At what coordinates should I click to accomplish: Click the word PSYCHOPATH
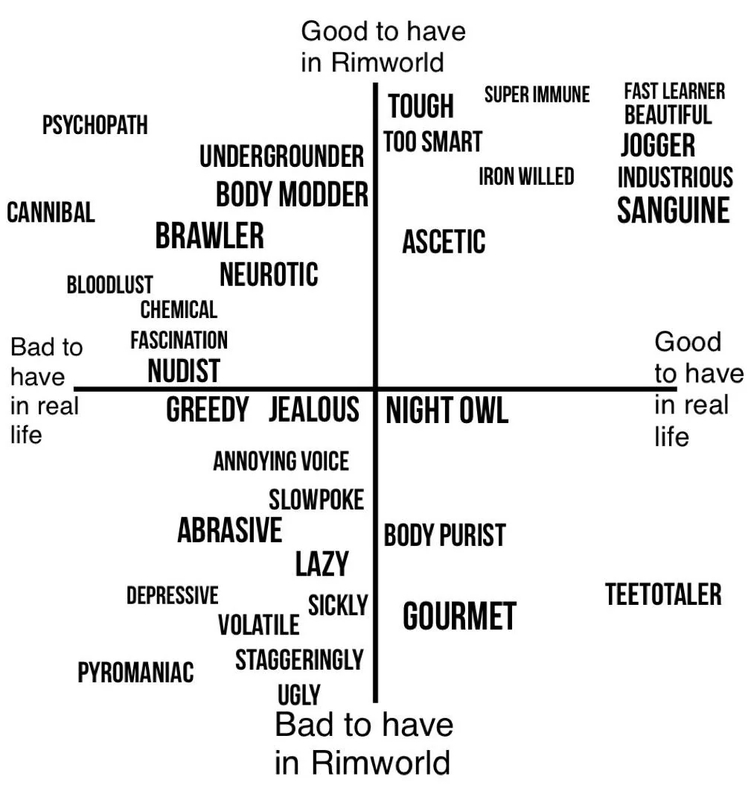coord(95,125)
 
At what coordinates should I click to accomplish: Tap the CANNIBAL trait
coord(51,212)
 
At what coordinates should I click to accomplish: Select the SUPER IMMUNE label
coord(537,95)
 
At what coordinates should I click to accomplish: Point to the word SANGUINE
coord(674,210)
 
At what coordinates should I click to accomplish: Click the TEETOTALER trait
coord(663,594)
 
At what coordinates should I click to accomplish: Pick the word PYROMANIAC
coord(135,672)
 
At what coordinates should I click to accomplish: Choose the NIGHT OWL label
coord(447,410)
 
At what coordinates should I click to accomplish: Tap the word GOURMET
coord(459,616)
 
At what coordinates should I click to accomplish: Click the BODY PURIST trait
coord(444,536)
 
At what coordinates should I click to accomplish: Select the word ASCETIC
coord(444,241)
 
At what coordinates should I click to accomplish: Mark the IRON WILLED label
coord(526,177)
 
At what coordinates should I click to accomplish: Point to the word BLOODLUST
coord(109,285)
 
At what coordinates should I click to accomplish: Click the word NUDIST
coord(184,370)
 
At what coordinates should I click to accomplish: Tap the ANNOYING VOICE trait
coord(281,461)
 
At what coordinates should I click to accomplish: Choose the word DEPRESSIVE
coord(173,595)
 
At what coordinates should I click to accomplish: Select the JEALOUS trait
coord(314,409)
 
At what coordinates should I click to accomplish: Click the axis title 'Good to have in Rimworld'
coord(383,46)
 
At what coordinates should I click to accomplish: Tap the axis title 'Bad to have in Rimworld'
coord(363,743)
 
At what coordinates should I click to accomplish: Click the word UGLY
coord(298,694)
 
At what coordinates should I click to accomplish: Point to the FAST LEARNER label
coord(674,92)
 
